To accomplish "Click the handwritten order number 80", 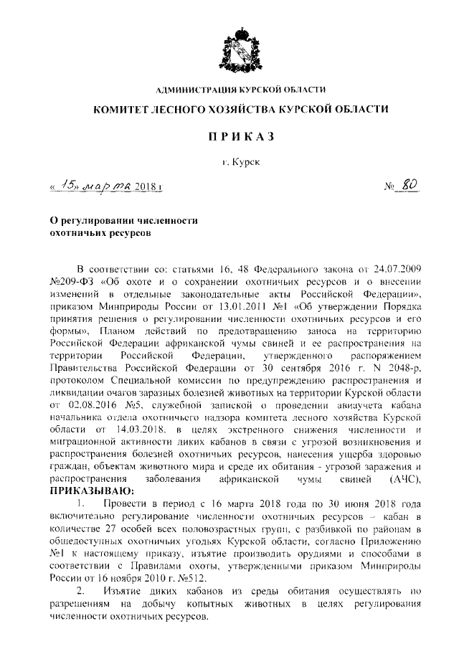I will (410, 186).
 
